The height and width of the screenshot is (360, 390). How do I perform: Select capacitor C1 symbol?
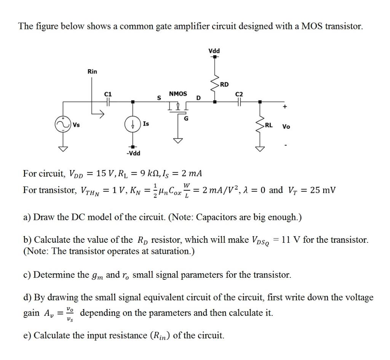pos(109,102)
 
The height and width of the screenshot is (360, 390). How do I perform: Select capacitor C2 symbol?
pos(239,102)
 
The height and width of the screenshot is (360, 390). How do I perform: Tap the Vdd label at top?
pos(214,51)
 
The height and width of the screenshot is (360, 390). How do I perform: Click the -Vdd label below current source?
pos(133,153)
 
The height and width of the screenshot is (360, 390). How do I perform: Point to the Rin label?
pos(92,72)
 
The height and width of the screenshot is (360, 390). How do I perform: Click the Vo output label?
pos(286,127)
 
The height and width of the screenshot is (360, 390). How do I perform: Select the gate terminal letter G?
pos(186,118)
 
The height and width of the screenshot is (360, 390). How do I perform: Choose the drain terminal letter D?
pos(198,98)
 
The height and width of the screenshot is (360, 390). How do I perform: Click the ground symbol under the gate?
pos(177,141)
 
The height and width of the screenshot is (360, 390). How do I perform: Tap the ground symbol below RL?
pos(260,148)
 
